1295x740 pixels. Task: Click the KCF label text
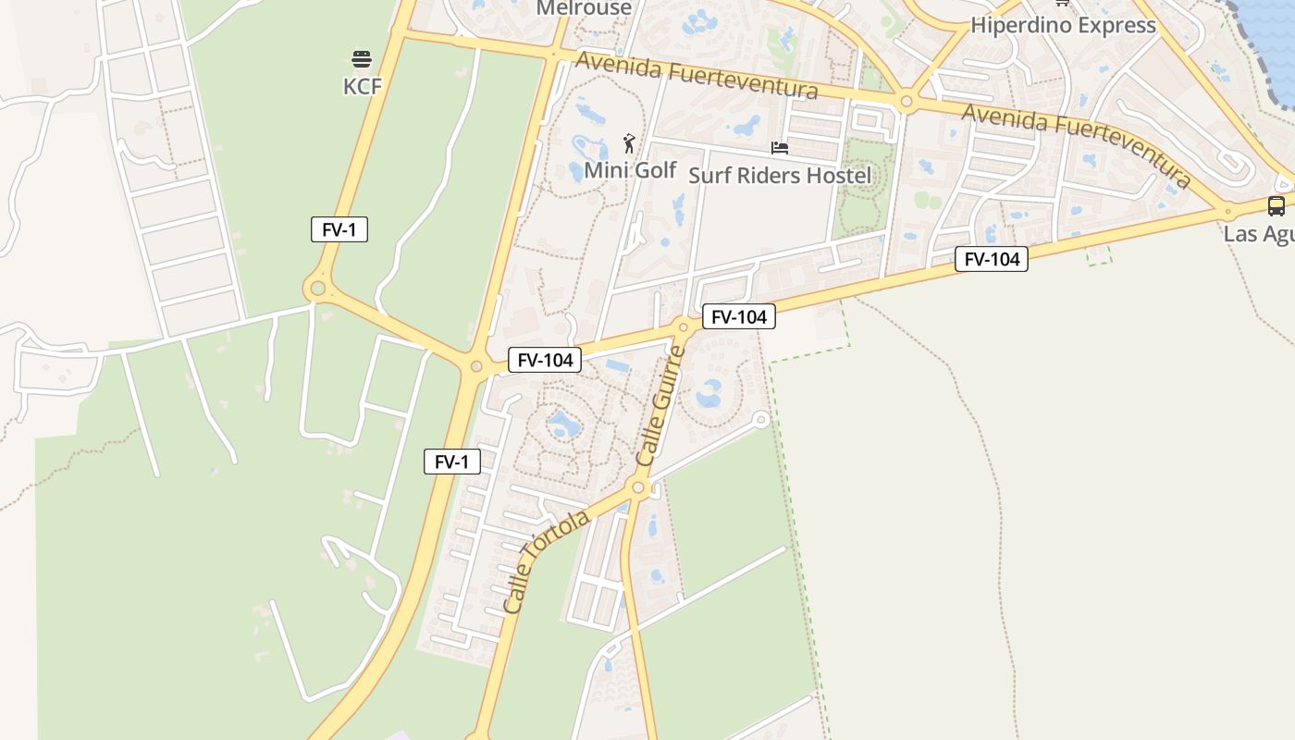[x=362, y=86]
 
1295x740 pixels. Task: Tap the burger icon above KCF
[x=362, y=59]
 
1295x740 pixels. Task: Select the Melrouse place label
[x=584, y=8]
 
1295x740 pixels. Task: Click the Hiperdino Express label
[x=1063, y=25]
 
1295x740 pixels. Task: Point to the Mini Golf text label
[x=630, y=170]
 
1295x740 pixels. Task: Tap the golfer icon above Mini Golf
[x=630, y=143]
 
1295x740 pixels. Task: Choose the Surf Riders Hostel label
[x=780, y=175]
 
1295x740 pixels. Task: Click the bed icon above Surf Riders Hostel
[x=780, y=148]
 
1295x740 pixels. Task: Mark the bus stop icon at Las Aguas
[x=1276, y=206]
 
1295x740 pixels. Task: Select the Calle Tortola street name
[x=547, y=561]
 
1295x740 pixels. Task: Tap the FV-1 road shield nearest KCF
[x=339, y=229]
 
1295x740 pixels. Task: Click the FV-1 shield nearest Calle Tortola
[x=452, y=462]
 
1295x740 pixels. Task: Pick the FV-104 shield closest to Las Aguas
[x=992, y=259]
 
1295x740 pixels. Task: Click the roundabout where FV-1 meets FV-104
[x=476, y=366]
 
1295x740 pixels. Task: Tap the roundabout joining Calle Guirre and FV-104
[x=684, y=325]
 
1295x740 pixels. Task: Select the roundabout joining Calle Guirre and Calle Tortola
[x=637, y=487]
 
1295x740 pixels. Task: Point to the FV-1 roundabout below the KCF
[x=318, y=289]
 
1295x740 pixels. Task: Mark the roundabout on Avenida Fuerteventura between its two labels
[x=906, y=102]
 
